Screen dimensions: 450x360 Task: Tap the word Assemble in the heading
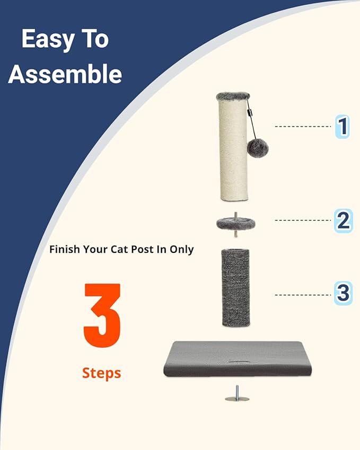[x=65, y=74]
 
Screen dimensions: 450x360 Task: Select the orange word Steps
[x=101, y=373]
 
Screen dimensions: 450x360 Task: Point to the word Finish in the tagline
[x=65, y=249]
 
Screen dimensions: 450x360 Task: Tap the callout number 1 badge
[x=343, y=127]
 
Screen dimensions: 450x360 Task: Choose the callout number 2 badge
[x=343, y=220]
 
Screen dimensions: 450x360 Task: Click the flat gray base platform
[x=233, y=359]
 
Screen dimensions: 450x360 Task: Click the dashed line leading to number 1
[x=303, y=127]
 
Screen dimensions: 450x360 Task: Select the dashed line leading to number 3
[x=303, y=294]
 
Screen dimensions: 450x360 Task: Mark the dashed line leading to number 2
[x=303, y=220]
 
